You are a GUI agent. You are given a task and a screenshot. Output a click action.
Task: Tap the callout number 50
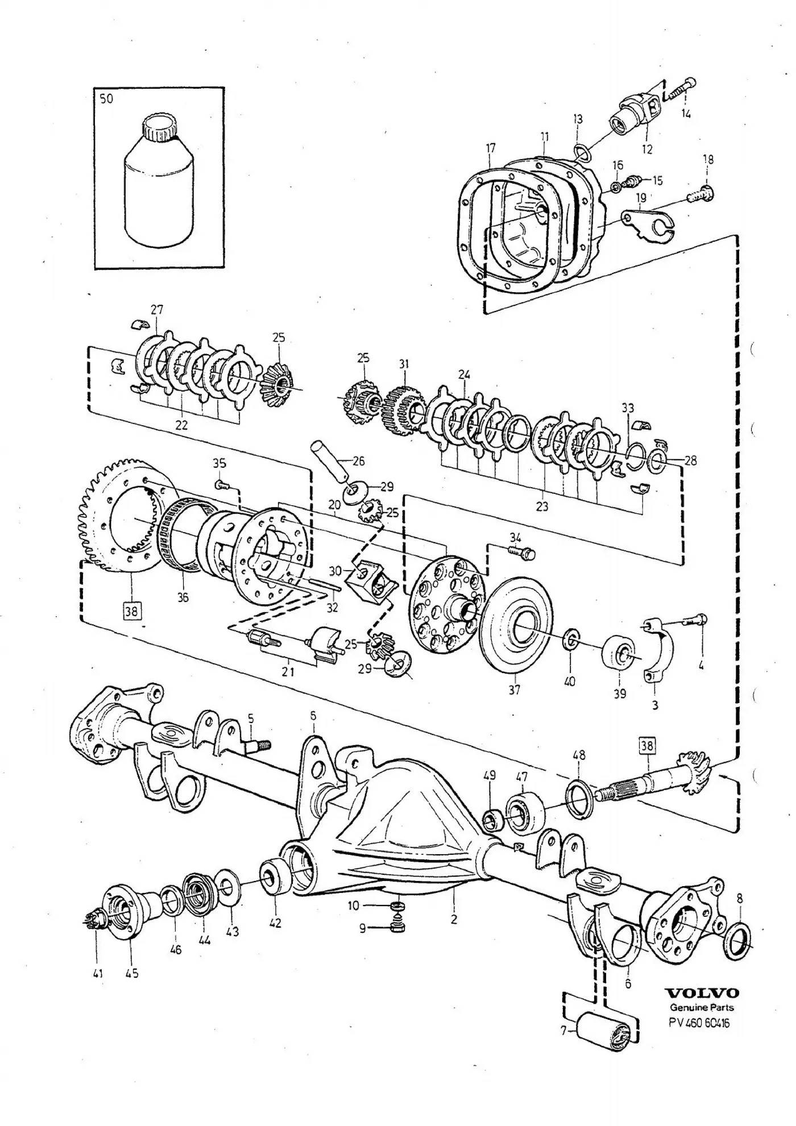(x=106, y=99)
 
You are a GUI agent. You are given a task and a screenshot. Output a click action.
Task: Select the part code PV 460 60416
(x=699, y=1023)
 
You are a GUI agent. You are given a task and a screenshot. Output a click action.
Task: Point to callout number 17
(x=491, y=148)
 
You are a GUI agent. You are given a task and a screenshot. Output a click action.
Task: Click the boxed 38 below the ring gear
(x=131, y=611)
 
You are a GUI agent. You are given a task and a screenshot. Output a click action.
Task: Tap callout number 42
(x=275, y=924)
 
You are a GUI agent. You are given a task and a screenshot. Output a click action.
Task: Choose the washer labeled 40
(x=570, y=639)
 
